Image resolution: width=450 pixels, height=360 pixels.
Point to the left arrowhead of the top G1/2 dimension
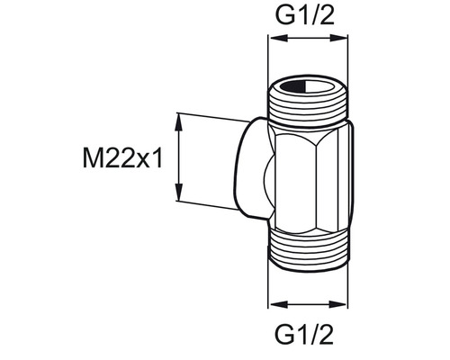coord(275,40)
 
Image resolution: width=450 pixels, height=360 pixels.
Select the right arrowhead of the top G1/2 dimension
coord(347,40)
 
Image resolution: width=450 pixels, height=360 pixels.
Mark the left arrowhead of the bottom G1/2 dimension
coord(275,304)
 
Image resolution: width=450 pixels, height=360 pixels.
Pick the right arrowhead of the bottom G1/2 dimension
coord(347,304)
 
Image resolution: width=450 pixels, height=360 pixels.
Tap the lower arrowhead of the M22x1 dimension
coord(180,203)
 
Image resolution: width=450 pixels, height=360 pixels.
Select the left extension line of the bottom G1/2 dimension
coord(271,283)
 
